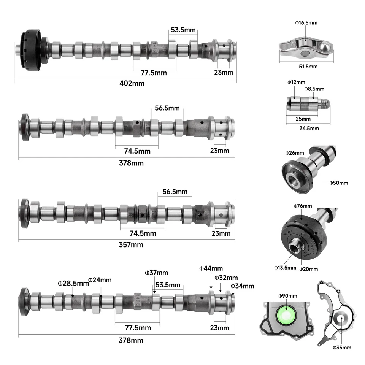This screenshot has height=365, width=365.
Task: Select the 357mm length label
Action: tap(131, 244)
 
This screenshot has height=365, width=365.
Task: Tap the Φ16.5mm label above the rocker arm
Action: tap(306, 23)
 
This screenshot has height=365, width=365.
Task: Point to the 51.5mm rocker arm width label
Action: tap(307, 67)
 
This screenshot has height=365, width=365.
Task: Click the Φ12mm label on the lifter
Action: tap(296, 82)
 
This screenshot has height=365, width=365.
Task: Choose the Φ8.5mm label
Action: tap(314, 89)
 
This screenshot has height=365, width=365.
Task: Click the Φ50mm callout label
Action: tap(338, 183)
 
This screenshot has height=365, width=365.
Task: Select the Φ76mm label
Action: tap(302, 206)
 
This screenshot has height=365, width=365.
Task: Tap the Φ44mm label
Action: tap(211, 268)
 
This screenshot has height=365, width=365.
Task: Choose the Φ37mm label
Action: tap(156, 273)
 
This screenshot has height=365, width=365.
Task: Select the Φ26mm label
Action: tap(294, 153)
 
